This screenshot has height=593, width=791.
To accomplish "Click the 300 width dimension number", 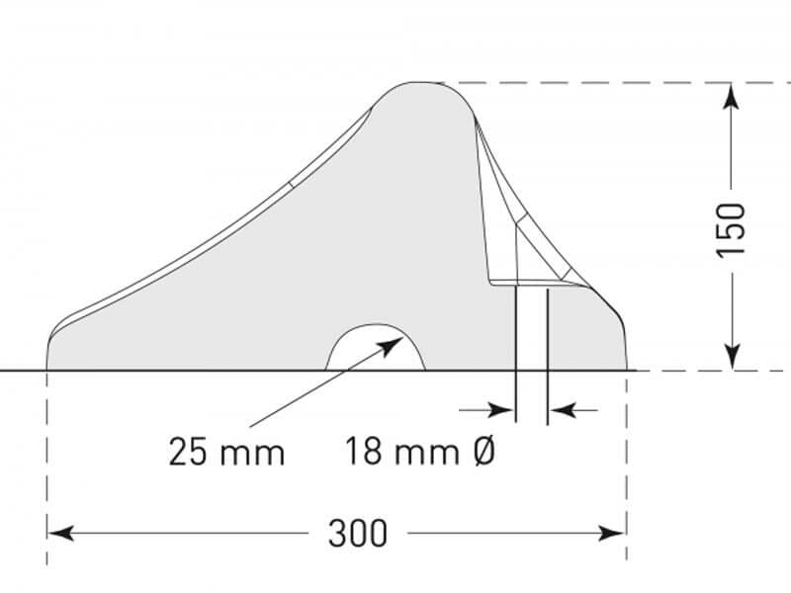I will (357, 534).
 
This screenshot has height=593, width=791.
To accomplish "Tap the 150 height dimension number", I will (730, 229).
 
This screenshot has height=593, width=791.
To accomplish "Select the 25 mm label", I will (226, 453).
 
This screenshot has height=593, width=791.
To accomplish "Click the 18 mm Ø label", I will (419, 453).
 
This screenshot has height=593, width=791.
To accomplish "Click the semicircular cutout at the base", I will (377, 351).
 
